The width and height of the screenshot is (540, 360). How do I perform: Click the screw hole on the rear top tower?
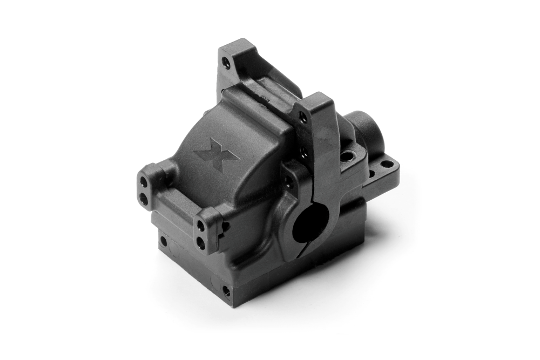227,64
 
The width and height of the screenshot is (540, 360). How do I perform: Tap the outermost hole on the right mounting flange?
387,164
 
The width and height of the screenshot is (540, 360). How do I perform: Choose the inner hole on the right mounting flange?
372,173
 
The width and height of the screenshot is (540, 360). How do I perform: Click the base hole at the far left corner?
163,241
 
